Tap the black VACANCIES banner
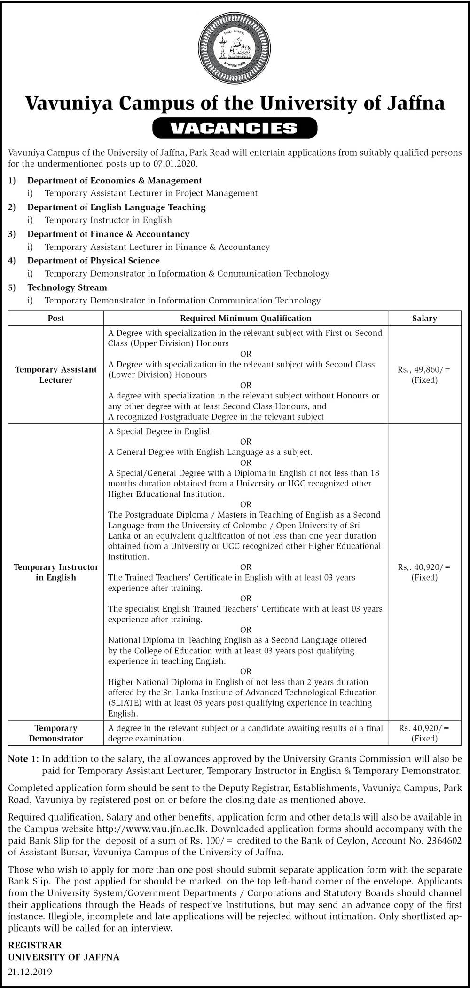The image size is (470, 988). pos(235,128)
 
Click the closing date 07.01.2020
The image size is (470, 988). pos(175,164)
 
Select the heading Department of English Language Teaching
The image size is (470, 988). pos(116,207)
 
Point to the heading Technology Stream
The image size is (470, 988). pos(67,287)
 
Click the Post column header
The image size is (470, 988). pos(56,318)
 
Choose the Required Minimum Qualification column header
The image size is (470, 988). pos(245,318)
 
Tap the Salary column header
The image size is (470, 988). pos(424,318)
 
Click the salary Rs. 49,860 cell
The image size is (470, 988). pos(424,374)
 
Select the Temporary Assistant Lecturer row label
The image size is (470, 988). pos(56,374)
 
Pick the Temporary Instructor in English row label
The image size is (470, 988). pos(56,572)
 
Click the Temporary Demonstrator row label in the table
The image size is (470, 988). pos(56,733)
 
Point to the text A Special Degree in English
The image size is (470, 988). pos(160,431)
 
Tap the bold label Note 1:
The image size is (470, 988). pos(24,759)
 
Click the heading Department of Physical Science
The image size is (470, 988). pos(93,261)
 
